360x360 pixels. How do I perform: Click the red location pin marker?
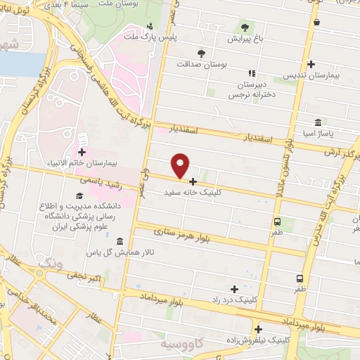181,165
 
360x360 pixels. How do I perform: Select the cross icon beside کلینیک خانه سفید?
193,181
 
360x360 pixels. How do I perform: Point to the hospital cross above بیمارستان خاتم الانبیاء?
82,152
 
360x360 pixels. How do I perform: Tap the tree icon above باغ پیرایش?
245,27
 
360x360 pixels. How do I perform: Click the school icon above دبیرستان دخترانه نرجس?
252,73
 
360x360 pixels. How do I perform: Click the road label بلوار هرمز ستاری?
199,236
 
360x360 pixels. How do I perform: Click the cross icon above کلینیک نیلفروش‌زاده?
259,329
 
